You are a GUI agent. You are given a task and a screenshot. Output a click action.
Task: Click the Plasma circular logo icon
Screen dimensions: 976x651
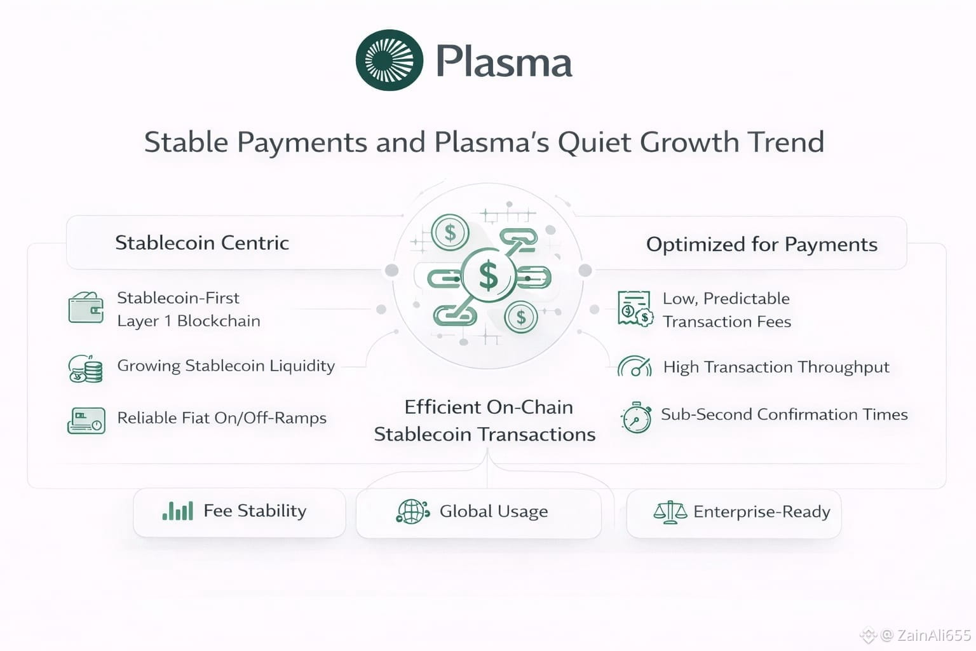coord(389,60)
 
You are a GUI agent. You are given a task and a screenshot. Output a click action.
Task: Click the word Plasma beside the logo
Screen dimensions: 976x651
coord(504,62)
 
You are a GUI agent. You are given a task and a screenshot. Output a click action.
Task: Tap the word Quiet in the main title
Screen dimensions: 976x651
coord(594,142)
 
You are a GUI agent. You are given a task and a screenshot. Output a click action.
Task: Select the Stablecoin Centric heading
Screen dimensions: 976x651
coord(202,243)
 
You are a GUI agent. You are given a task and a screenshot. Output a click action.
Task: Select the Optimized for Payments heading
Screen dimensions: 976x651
coord(762,245)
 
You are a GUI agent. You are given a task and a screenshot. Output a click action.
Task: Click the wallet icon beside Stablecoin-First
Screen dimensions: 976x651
coord(86,308)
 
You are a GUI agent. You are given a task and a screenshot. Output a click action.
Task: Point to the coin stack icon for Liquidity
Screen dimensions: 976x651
coord(86,369)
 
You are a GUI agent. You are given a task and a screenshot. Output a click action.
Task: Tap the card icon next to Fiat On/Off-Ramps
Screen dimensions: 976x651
coord(86,420)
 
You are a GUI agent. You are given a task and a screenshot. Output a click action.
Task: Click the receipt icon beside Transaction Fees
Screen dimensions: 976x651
coord(635,309)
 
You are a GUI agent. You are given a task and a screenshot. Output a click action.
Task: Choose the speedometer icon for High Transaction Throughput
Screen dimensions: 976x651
coord(635,366)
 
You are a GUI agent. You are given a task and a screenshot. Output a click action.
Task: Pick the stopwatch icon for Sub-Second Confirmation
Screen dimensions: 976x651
coord(636,417)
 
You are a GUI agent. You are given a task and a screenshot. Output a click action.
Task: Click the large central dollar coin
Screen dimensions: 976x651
coord(489,275)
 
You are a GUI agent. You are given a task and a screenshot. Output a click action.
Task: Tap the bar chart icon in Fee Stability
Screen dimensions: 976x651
coord(178,511)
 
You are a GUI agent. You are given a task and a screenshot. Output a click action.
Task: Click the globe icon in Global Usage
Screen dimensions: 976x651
coord(412,511)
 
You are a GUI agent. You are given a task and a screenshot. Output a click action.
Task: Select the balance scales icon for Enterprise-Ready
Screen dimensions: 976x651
coord(670,512)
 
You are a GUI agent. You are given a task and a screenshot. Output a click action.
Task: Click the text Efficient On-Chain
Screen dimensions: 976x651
coord(489,408)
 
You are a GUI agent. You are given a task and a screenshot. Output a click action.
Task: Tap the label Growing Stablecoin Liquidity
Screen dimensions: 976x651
coord(226,366)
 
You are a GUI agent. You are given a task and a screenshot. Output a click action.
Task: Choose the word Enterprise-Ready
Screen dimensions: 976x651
coord(762,512)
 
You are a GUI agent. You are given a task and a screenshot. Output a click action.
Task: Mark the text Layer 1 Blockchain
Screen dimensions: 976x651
coord(189,321)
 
